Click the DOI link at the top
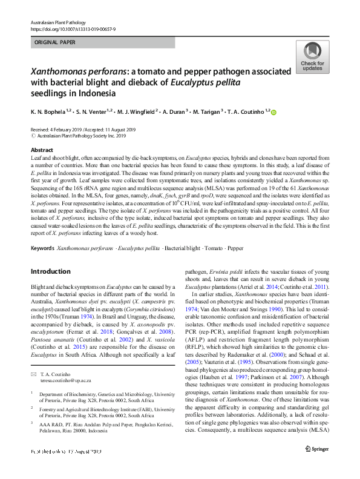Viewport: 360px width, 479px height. click(73, 28)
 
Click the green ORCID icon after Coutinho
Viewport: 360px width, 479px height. click(256, 112)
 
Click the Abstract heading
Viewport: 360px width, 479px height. click(41, 149)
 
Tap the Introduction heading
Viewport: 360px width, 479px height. click(50, 271)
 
